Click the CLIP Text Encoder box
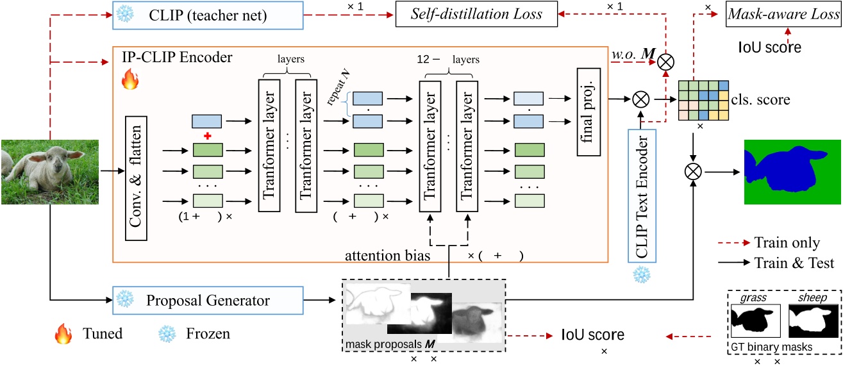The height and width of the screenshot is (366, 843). (x=642, y=198)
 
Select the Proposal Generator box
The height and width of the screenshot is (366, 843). (x=208, y=300)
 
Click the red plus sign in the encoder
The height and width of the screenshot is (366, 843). (x=206, y=136)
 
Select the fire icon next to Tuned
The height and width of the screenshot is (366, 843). (x=63, y=333)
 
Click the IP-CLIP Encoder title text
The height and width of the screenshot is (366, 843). (x=177, y=58)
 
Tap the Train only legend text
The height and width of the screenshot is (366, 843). (x=787, y=243)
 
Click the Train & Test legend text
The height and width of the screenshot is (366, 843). (x=794, y=262)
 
